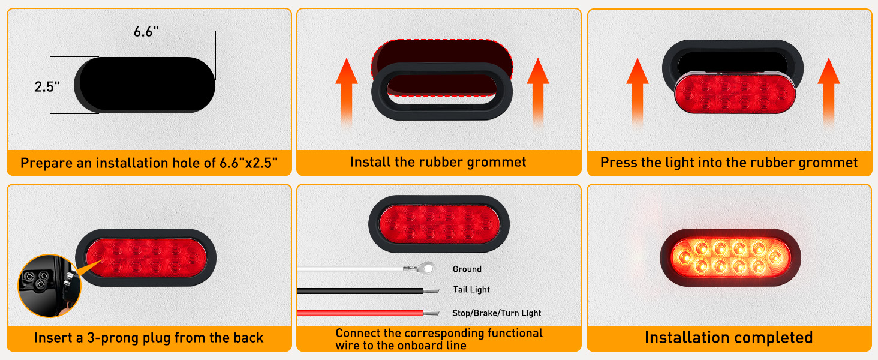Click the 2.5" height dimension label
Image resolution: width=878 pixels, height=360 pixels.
pos(47,86)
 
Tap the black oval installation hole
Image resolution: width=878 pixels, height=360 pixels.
pos(145,85)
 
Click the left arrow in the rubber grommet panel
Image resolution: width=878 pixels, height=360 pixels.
pos(347,90)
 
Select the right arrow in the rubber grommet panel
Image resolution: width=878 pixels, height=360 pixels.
pos(538,90)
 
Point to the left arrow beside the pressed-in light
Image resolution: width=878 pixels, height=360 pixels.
pos(638,90)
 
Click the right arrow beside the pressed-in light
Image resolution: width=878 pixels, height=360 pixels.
pos(828,90)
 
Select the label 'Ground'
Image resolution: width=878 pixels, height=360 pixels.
pos(467,269)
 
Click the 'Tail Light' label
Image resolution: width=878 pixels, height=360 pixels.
pos(471,290)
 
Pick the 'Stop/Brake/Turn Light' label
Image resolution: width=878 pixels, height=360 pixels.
pos(497,313)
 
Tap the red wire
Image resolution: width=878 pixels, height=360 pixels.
pos(360,313)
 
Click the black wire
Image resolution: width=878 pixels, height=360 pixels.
pos(360,291)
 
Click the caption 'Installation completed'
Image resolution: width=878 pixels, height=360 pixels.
pos(728,338)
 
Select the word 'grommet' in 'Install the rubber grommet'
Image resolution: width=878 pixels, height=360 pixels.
pos(497,162)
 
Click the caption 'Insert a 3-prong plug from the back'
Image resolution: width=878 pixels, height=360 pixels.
pos(149,338)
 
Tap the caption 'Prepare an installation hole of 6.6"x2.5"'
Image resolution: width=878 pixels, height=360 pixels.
pos(149,163)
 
